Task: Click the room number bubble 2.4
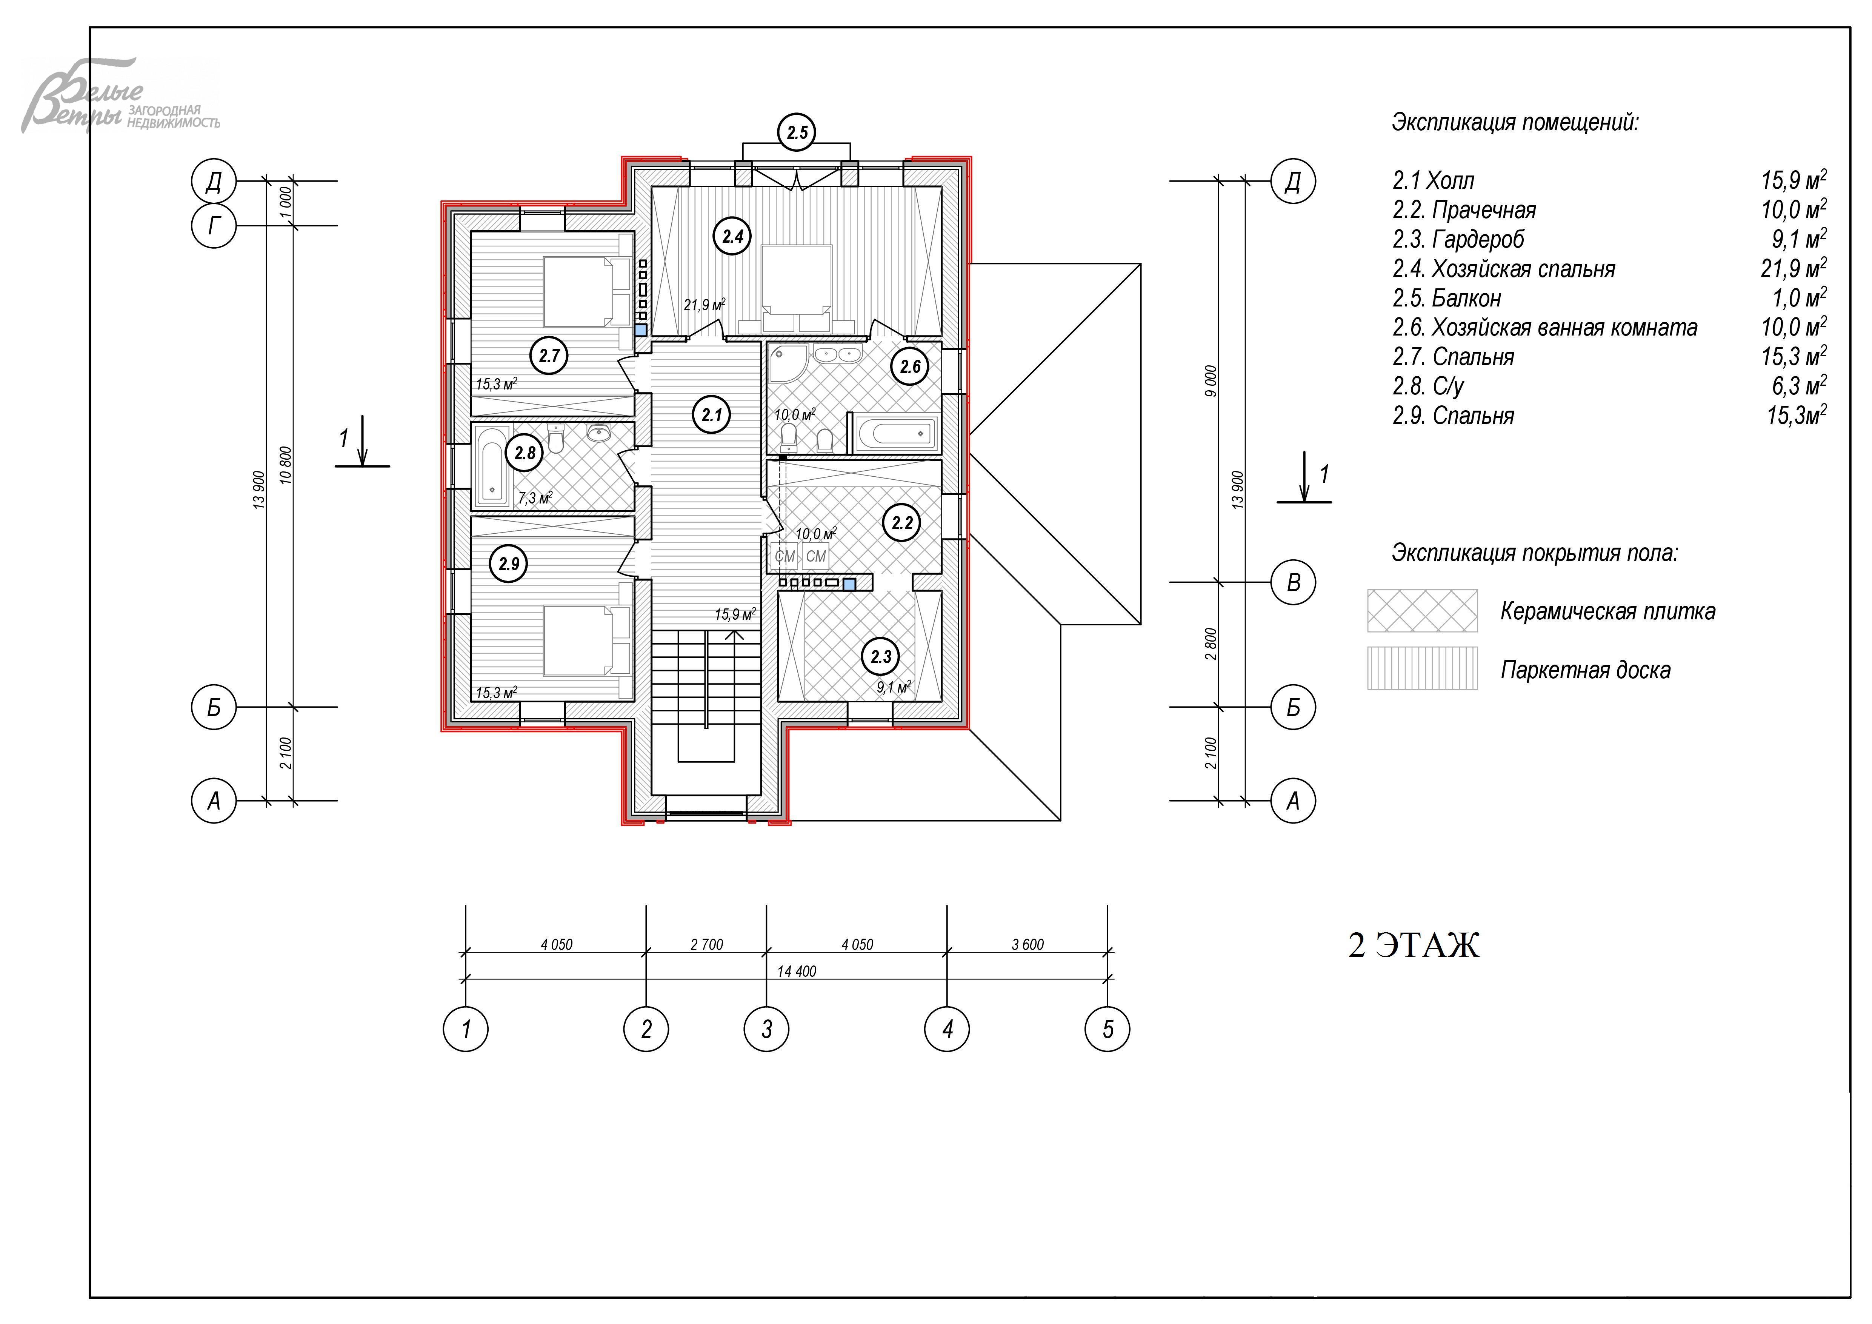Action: pyautogui.click(x=732, y=236)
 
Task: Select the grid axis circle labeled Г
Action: pyautogui.click(x=214, y=225)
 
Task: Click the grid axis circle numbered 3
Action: pyautogui.click(x=766, y=1029)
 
